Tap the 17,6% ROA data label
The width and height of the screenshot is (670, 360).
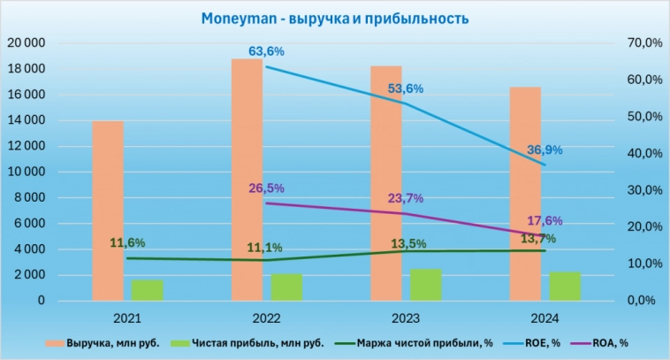[x=545, y=221]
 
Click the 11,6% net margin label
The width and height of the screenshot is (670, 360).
[x=128, y=242]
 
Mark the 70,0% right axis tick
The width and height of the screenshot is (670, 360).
[x=636, y=42]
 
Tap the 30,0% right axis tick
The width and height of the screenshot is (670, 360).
[x=636, y=190]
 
